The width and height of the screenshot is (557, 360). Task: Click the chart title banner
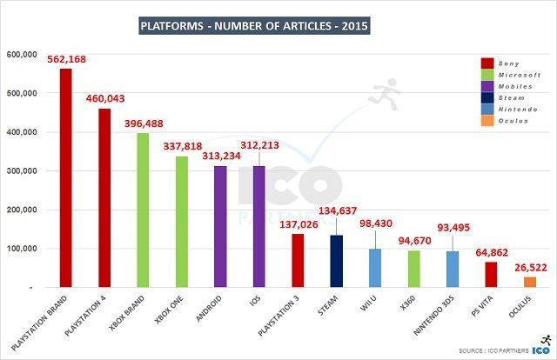coord(254,26)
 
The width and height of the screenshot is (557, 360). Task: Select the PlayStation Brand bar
coord(65,178)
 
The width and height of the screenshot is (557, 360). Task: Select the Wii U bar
coord(375,268)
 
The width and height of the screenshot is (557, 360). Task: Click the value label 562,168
coord(67,59)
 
